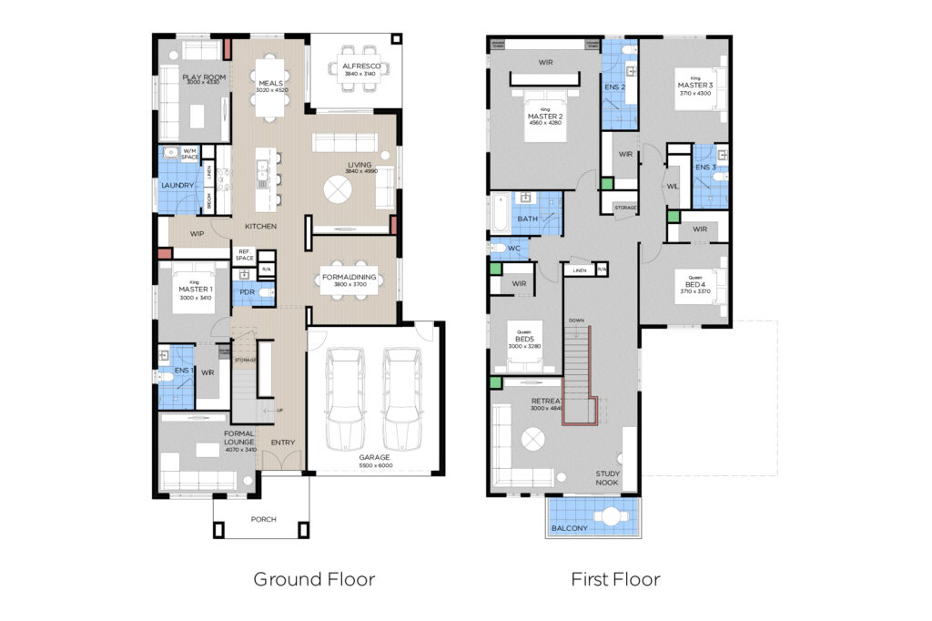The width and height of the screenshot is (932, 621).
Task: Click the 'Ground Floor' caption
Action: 314,578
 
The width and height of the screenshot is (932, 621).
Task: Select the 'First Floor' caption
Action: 615,578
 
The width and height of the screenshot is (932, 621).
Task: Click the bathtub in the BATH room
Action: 501,211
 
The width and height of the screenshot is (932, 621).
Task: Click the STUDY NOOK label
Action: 609,477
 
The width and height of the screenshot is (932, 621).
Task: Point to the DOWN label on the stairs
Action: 576,320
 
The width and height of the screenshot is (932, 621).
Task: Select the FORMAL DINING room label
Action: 350,277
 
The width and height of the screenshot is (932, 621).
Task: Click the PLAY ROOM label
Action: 204,77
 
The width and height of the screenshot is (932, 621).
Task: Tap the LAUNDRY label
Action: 177,185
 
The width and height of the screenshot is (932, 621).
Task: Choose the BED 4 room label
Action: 694,284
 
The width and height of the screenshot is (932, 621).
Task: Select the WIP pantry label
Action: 197,234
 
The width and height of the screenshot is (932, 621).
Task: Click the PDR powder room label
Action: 246,292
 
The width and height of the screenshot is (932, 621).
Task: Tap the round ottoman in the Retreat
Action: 532,439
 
